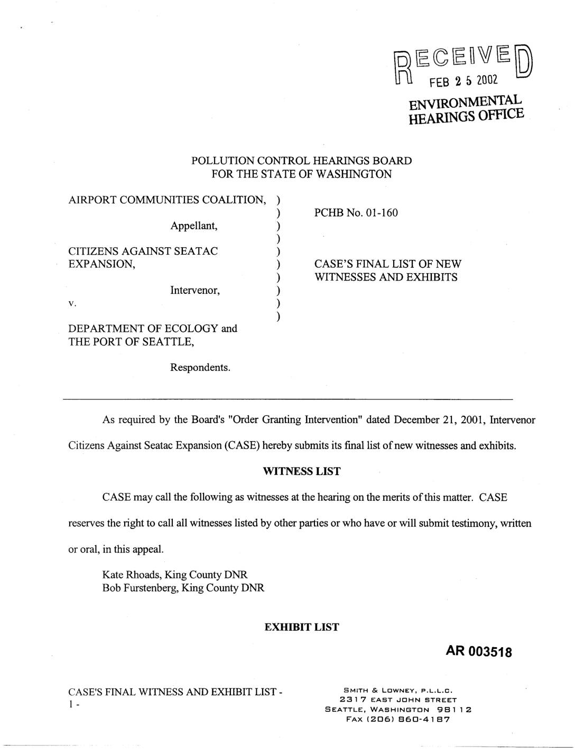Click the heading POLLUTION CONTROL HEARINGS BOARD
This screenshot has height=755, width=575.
[301, 161]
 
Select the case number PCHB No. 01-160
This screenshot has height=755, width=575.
[356, 213]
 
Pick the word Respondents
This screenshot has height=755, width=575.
[200, 367]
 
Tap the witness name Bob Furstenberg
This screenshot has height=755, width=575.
[140, 588]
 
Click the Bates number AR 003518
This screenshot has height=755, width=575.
[479, 652]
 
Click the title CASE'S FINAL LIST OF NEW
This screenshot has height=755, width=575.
[387, 264]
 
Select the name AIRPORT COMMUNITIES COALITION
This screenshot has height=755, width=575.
[166, 200]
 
